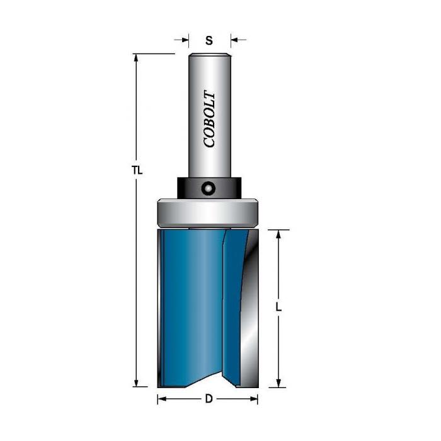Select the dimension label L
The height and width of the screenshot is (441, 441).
278,308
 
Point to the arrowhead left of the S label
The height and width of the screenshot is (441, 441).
185,40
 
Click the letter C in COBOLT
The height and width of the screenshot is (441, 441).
210,142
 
